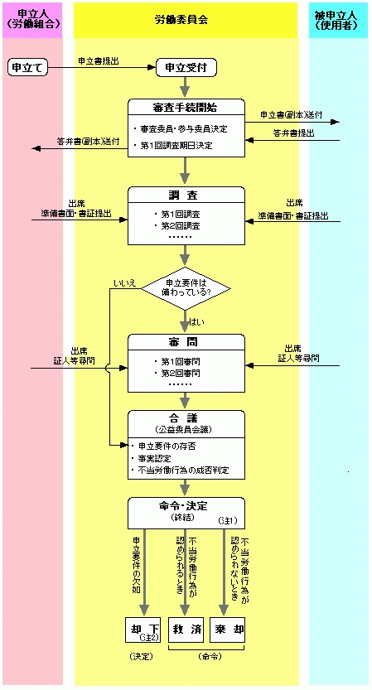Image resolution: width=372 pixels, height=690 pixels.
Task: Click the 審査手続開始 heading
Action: (x=186, y=107)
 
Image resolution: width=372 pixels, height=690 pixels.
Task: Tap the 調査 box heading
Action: (x=186, y=195)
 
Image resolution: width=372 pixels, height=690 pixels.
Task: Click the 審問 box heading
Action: (x=186, y=342)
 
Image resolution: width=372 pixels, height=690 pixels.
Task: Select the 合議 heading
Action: (x=186, y=419)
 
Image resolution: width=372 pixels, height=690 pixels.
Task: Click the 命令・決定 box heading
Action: (x=186, y=505)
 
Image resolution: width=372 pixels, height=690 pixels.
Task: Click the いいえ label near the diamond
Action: (x=125, y=284)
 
